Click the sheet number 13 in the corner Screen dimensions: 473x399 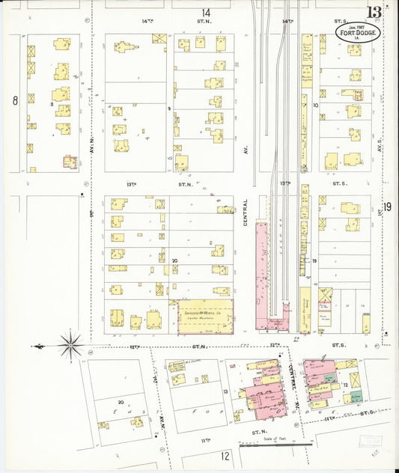(x=374, y=12)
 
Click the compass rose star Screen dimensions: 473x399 (x=70, y=346)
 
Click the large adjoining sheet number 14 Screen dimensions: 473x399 (x=205, y=13)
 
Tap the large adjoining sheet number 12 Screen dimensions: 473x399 (x=225, y=454)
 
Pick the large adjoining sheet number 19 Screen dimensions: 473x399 (x=387, y=207)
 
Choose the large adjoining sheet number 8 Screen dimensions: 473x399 (x=14, y=100)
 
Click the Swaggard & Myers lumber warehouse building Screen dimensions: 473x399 (x=204, y=315)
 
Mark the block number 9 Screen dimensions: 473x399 (x=169, y=109)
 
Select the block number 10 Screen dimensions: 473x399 (x=316, y=106)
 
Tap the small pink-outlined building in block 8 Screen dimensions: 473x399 (x=70, y=162)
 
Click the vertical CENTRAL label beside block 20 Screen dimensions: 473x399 (x=245, y=212)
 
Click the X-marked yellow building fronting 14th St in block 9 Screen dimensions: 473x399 (x=158, y=38)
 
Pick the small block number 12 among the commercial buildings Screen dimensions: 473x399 (x=345, y=384)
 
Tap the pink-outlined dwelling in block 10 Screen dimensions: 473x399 (x=325, y=306)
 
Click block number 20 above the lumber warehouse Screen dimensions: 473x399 (x=174, y=261)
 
